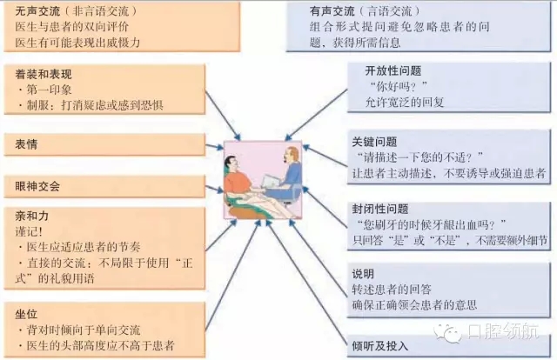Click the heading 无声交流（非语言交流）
78,10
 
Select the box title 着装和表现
41,74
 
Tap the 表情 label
26,143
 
